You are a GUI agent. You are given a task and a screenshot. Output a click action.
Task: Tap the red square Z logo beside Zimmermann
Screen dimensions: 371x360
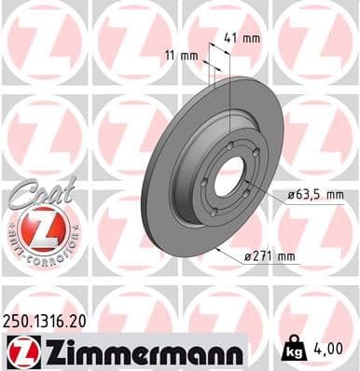pyautogui.click(x=21, y=350)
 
